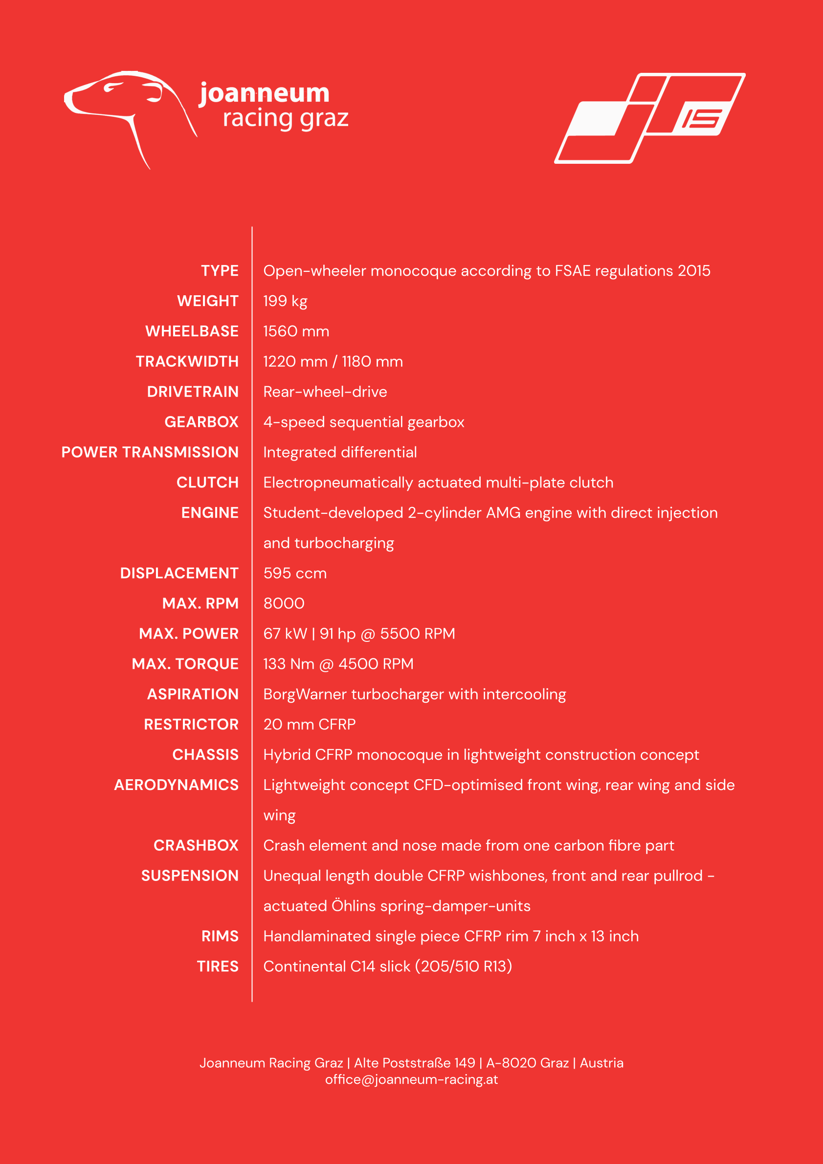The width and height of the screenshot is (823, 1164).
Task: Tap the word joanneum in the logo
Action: click(x=264, y=94)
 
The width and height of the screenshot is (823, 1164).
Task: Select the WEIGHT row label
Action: click(x=207, y=301)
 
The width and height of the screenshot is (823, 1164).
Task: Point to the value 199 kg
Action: click(x=285, y=301)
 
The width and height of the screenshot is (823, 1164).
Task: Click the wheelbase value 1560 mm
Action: click(x=296, y=331)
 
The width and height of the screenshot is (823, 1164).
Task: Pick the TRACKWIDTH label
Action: click(x=187, y=361)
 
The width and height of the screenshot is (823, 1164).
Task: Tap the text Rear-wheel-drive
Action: click(x=325, y=392)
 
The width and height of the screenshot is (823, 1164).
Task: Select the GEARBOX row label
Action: click(x=201, y=422)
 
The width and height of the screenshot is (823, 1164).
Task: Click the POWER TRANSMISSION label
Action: click(x=150, y=452)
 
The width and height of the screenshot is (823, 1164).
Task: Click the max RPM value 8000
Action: click(x=284, y=603)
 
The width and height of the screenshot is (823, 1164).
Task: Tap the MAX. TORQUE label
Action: click(x=185, y=663)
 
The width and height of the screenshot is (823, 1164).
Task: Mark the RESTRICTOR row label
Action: click(x=191, y=725)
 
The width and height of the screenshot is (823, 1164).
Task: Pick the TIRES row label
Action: click(x=218, y=966)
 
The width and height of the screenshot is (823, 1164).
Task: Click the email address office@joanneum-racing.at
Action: click(x=411, y=1079)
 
